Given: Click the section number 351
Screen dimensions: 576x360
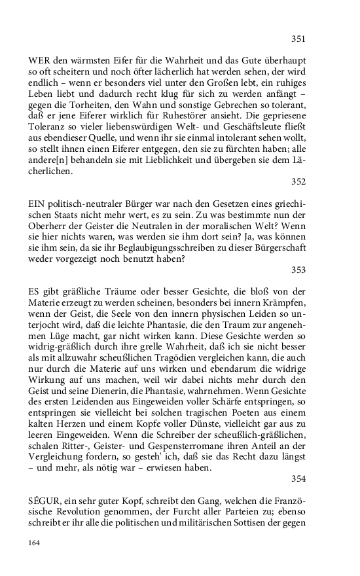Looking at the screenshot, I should point(298,39).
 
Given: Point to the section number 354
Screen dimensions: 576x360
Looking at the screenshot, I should point(298,478).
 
